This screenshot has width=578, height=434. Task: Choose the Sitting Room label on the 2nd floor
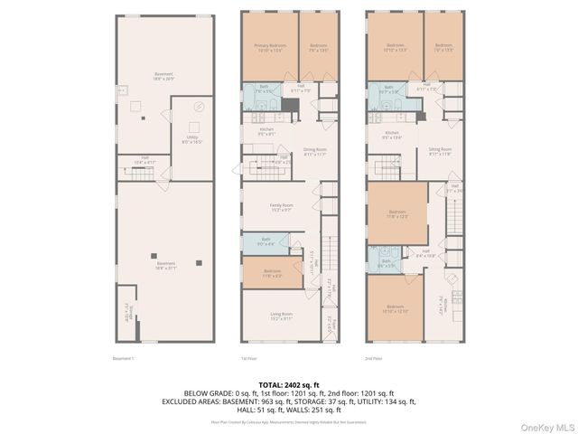point(440,152)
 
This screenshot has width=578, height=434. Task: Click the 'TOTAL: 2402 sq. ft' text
point(288,384)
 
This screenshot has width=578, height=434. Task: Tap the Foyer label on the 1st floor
point(331,323)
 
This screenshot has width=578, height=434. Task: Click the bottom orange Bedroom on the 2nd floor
point(395,310)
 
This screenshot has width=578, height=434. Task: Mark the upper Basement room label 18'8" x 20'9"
point(163,77)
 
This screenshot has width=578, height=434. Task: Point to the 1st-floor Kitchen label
point(266,131)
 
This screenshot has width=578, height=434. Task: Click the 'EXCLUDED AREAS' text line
point(288,400)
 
